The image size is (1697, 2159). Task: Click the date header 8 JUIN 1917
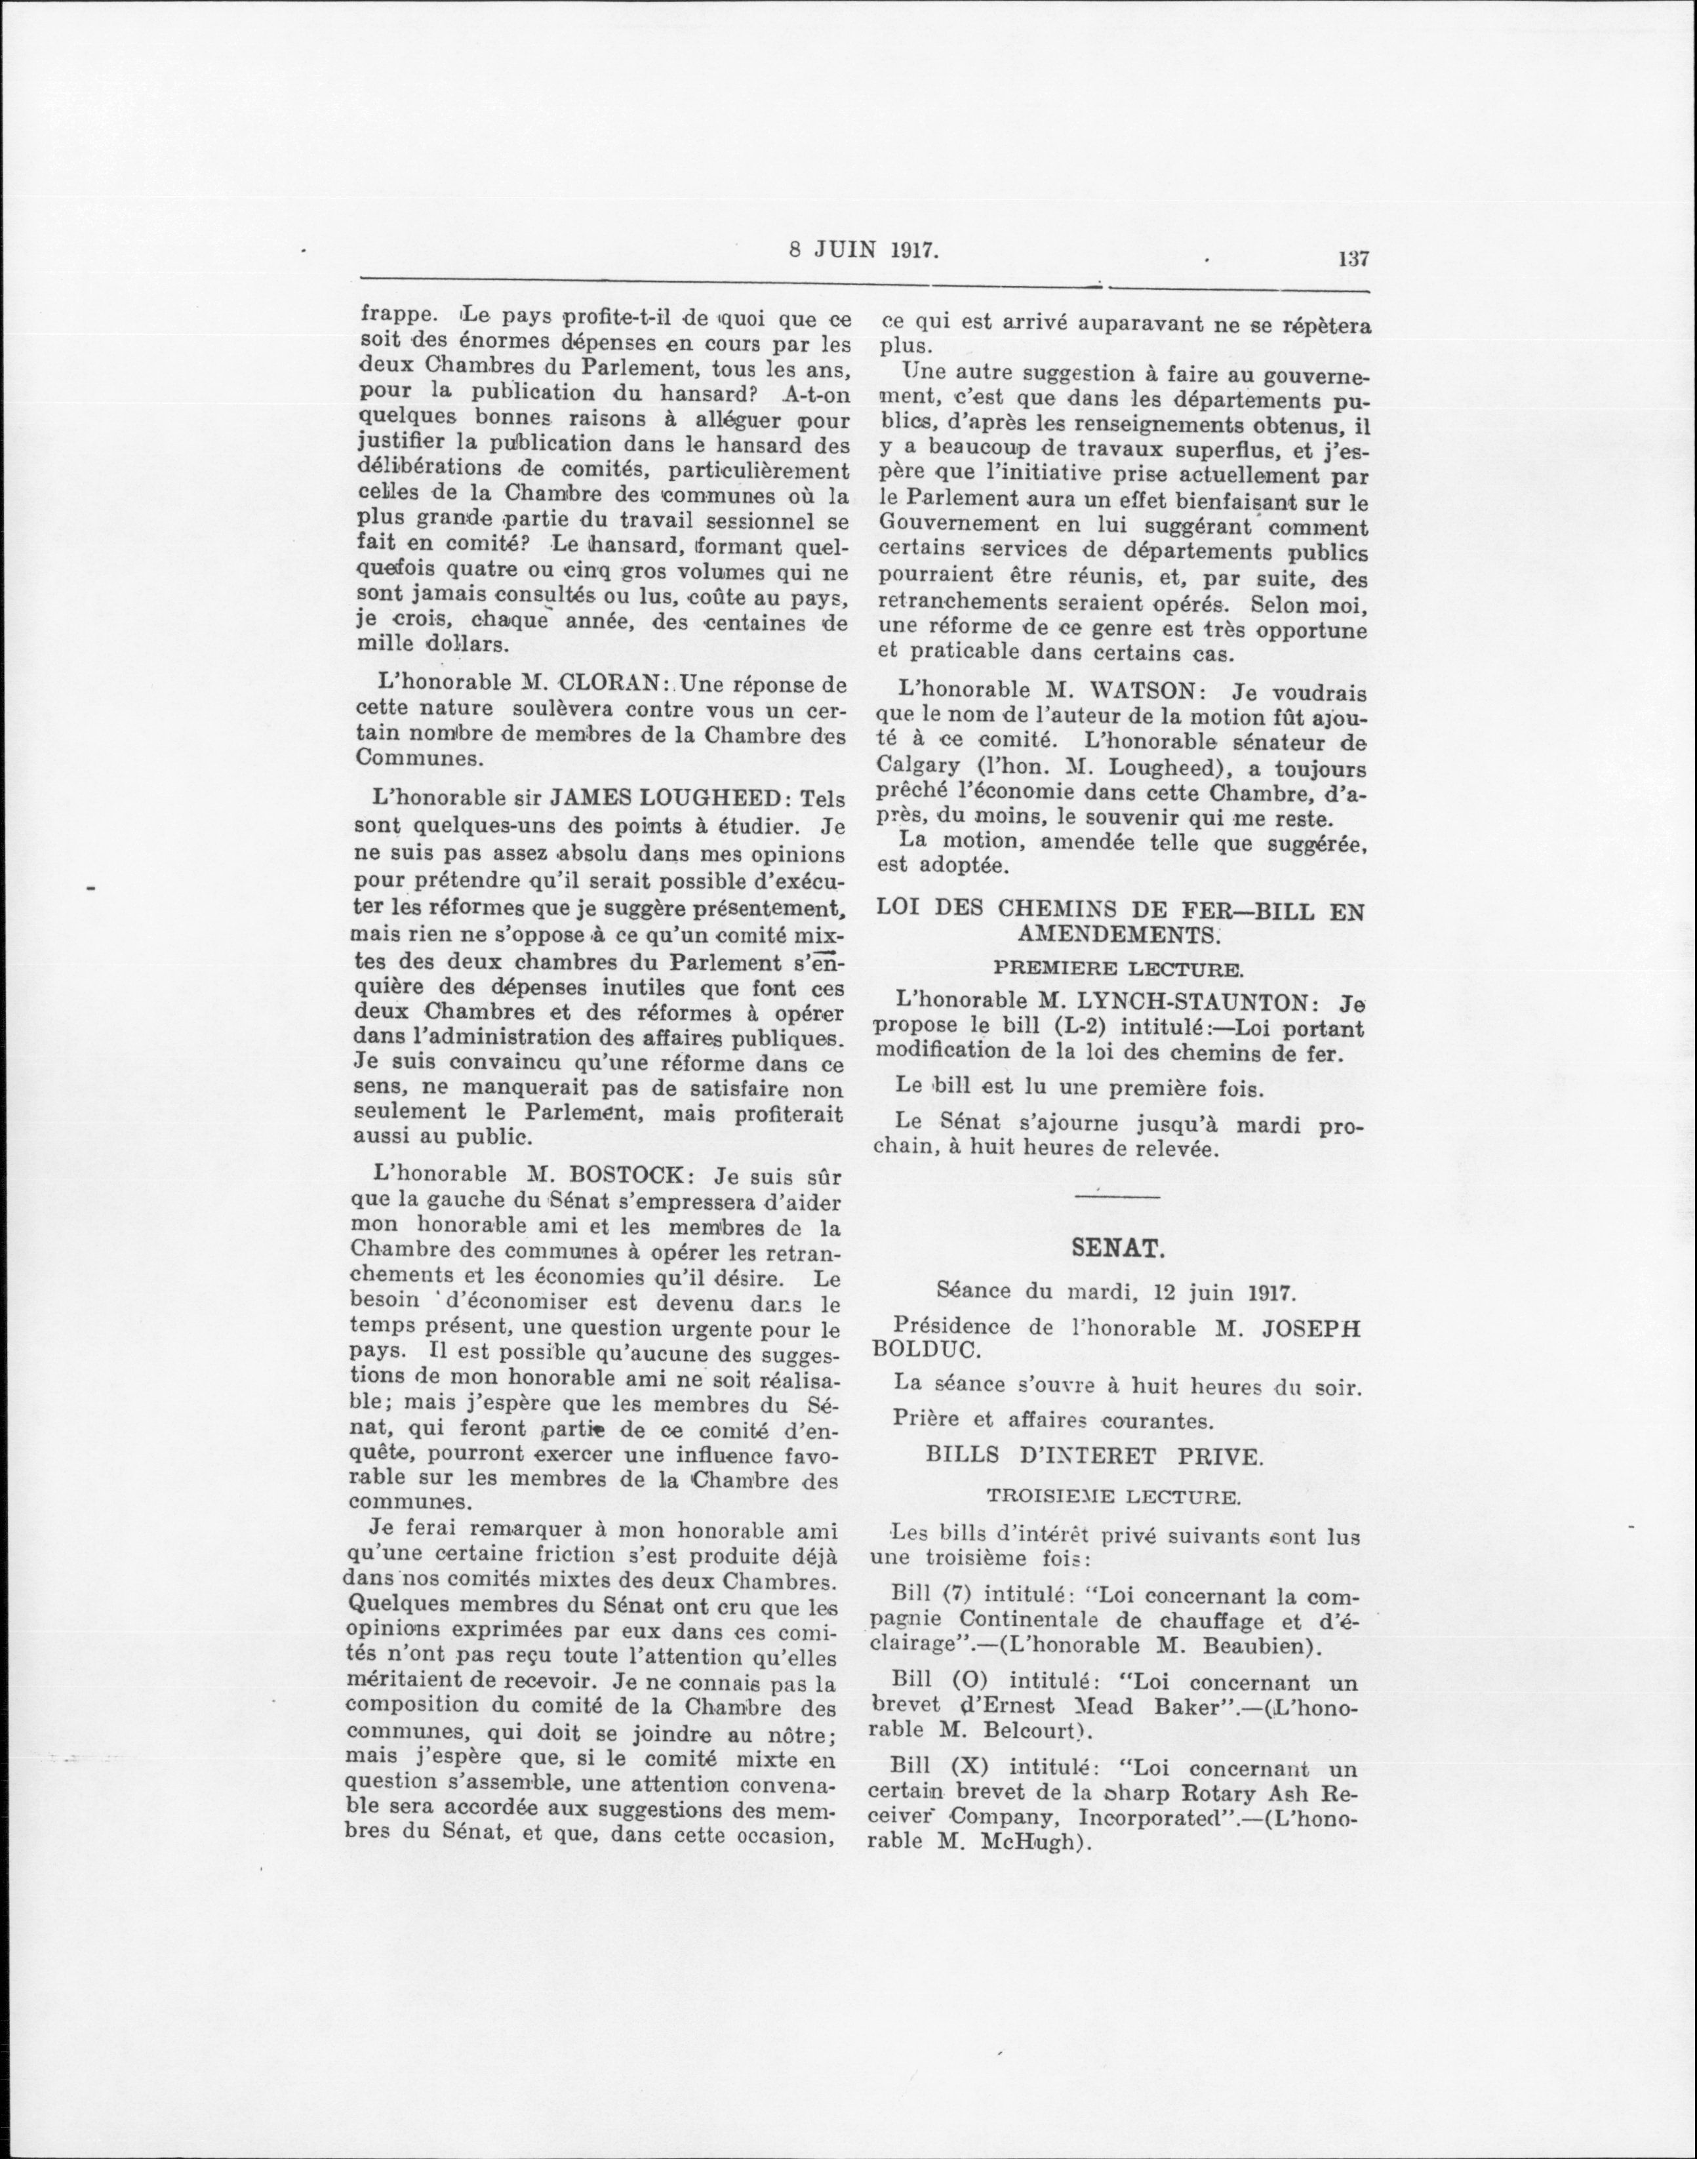pyautogui.click(x=864, y=251)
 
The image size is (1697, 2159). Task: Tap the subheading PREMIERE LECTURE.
pyautogui.click(x=1118, y=969)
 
